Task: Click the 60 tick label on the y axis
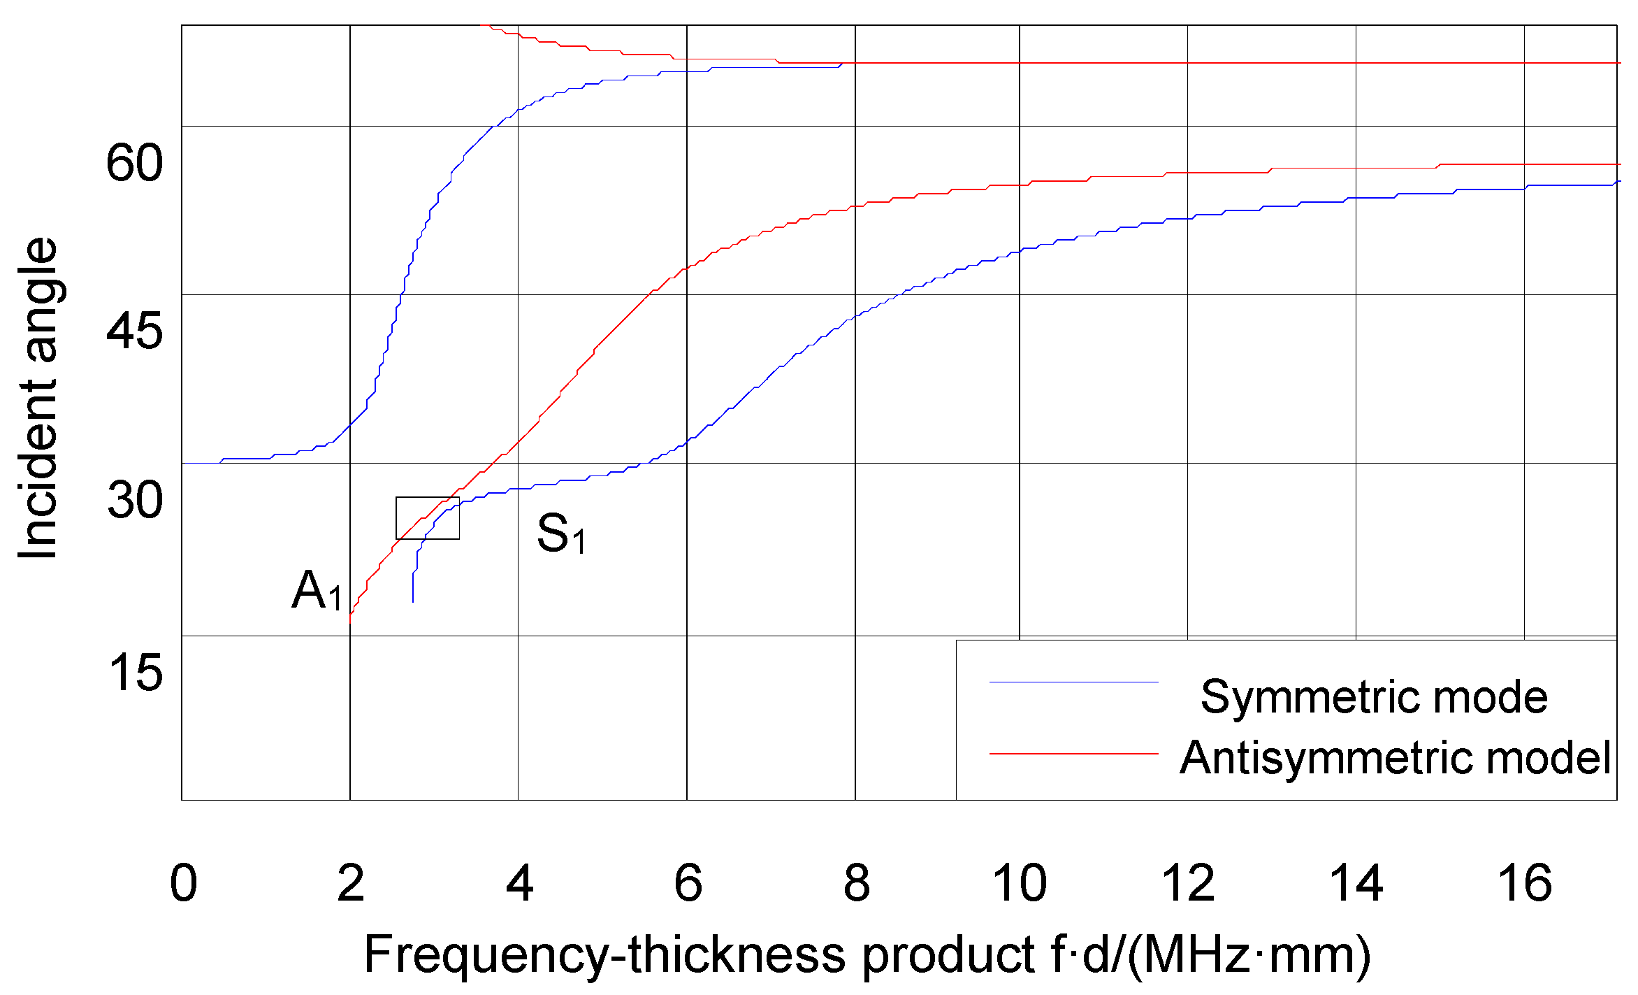click(134, 163)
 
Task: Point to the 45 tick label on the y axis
click(134, 331)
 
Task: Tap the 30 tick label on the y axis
click(135, 500)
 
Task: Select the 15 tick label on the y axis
click(135, 673)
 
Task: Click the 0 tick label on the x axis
click(183, 883)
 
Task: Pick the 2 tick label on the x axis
click(351, 883)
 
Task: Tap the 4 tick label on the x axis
click(519, 883)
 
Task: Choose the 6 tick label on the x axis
click(688, 883)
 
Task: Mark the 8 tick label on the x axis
click(857, 883)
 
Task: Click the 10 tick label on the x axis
click(1020, 883)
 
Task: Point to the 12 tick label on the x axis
click(1188, 883)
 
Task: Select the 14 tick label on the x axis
click(1356, 883)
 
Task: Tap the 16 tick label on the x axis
click(1524, 883)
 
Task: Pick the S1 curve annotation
click(561, 534)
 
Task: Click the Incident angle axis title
click(38, 399)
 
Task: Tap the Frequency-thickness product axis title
click(867, 955)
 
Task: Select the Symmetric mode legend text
click(1374, 697)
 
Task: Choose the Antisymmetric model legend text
click(1395, 758)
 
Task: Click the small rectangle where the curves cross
click(428, 518)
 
